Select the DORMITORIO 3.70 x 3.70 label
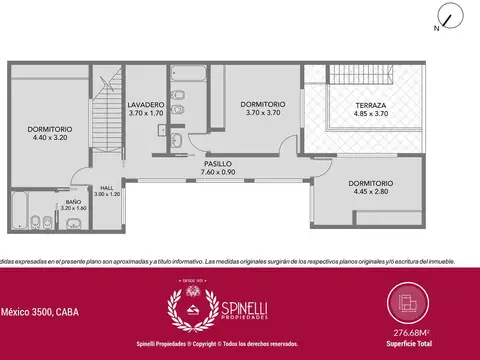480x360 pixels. click(263, 108)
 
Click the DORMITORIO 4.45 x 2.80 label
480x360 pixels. click(370, 188)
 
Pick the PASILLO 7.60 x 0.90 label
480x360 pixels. click(218, 166)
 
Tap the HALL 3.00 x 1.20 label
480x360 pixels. click(107, 190)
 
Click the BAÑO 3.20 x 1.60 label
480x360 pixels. click(73, 206)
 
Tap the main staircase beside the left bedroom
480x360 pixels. click(105, 120)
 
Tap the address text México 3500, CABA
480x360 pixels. click(39, 312)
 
